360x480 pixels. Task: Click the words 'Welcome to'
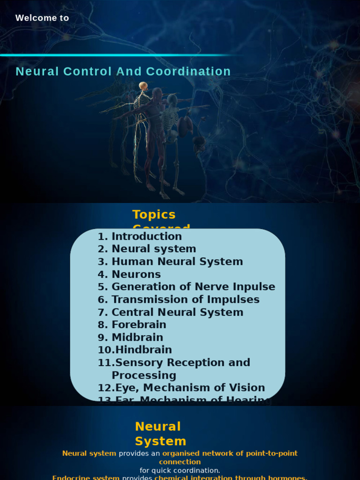tap(42, 18)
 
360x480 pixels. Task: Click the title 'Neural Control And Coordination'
tap(123, 72)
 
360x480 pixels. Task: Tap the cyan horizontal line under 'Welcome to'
tap(122, 55)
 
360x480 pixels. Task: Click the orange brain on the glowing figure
tap(143, 86)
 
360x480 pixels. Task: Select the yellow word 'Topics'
tap(154, 215)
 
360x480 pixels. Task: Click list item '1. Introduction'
tap(140, 237)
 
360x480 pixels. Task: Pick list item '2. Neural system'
tap(147, 249)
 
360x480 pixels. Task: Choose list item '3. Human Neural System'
tap(170, 262)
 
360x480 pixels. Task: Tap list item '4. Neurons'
tap(129, 275)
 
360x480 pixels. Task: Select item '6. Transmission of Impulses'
tap(179, 300)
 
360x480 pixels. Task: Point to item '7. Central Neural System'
tap(171, 313)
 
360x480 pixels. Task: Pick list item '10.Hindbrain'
tap(135, 350)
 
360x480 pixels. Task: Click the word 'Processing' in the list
tap(144, 375)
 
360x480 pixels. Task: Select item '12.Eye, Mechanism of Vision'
tap(181, 388)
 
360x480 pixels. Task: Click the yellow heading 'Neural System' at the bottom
tap(160, 434)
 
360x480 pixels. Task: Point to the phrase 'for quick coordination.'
tap(180, 471)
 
